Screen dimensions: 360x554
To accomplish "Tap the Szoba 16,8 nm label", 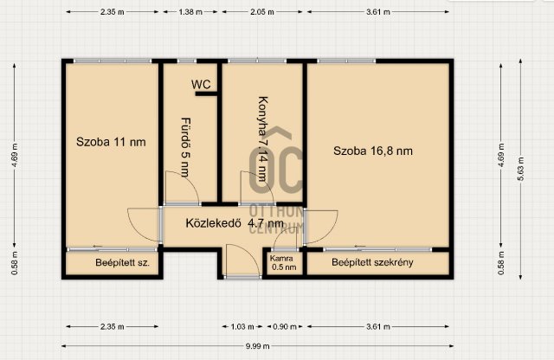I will (373, 151).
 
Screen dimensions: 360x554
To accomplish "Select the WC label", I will (201, 85).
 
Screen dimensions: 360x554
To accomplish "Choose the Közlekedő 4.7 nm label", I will (235, 222).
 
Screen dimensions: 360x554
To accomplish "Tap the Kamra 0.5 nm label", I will (283, 263).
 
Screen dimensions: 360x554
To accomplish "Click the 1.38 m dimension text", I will (190, 13).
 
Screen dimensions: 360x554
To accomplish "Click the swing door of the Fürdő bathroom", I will (180, 187).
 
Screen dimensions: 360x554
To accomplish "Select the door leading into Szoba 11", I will (144, 227).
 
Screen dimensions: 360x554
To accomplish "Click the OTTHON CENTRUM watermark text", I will (276, 220).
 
